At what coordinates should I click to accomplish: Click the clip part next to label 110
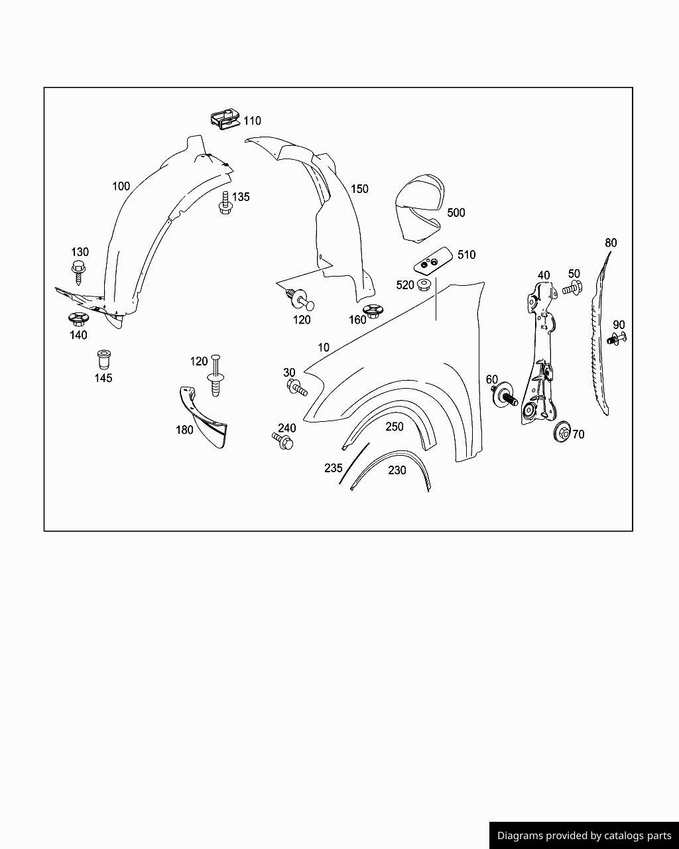(x=225, y=119)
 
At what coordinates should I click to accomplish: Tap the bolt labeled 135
(x=225, y=203)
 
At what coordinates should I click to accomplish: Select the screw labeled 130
(x=79, y=271)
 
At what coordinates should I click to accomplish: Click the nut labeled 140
(x=78, y=319)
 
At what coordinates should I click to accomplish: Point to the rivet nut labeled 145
(x=103, y=359)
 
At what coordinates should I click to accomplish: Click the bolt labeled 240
(x=282, y=440)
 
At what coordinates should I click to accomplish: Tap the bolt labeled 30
(x=296, y=387)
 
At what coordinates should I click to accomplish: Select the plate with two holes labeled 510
(x=433, y=261)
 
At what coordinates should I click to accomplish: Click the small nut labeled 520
(x=424, y=285)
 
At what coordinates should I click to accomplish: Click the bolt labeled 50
(x=572, y=288)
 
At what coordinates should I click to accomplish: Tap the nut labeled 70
(x=562, y=432)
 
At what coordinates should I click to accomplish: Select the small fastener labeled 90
(x=616, y=338)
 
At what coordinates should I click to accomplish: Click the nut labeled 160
(x=373, y=311)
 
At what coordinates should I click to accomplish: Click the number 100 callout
(x=121, y=186)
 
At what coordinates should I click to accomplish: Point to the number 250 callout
(x=395, y=426)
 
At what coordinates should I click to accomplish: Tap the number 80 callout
(x=611, y=243)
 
